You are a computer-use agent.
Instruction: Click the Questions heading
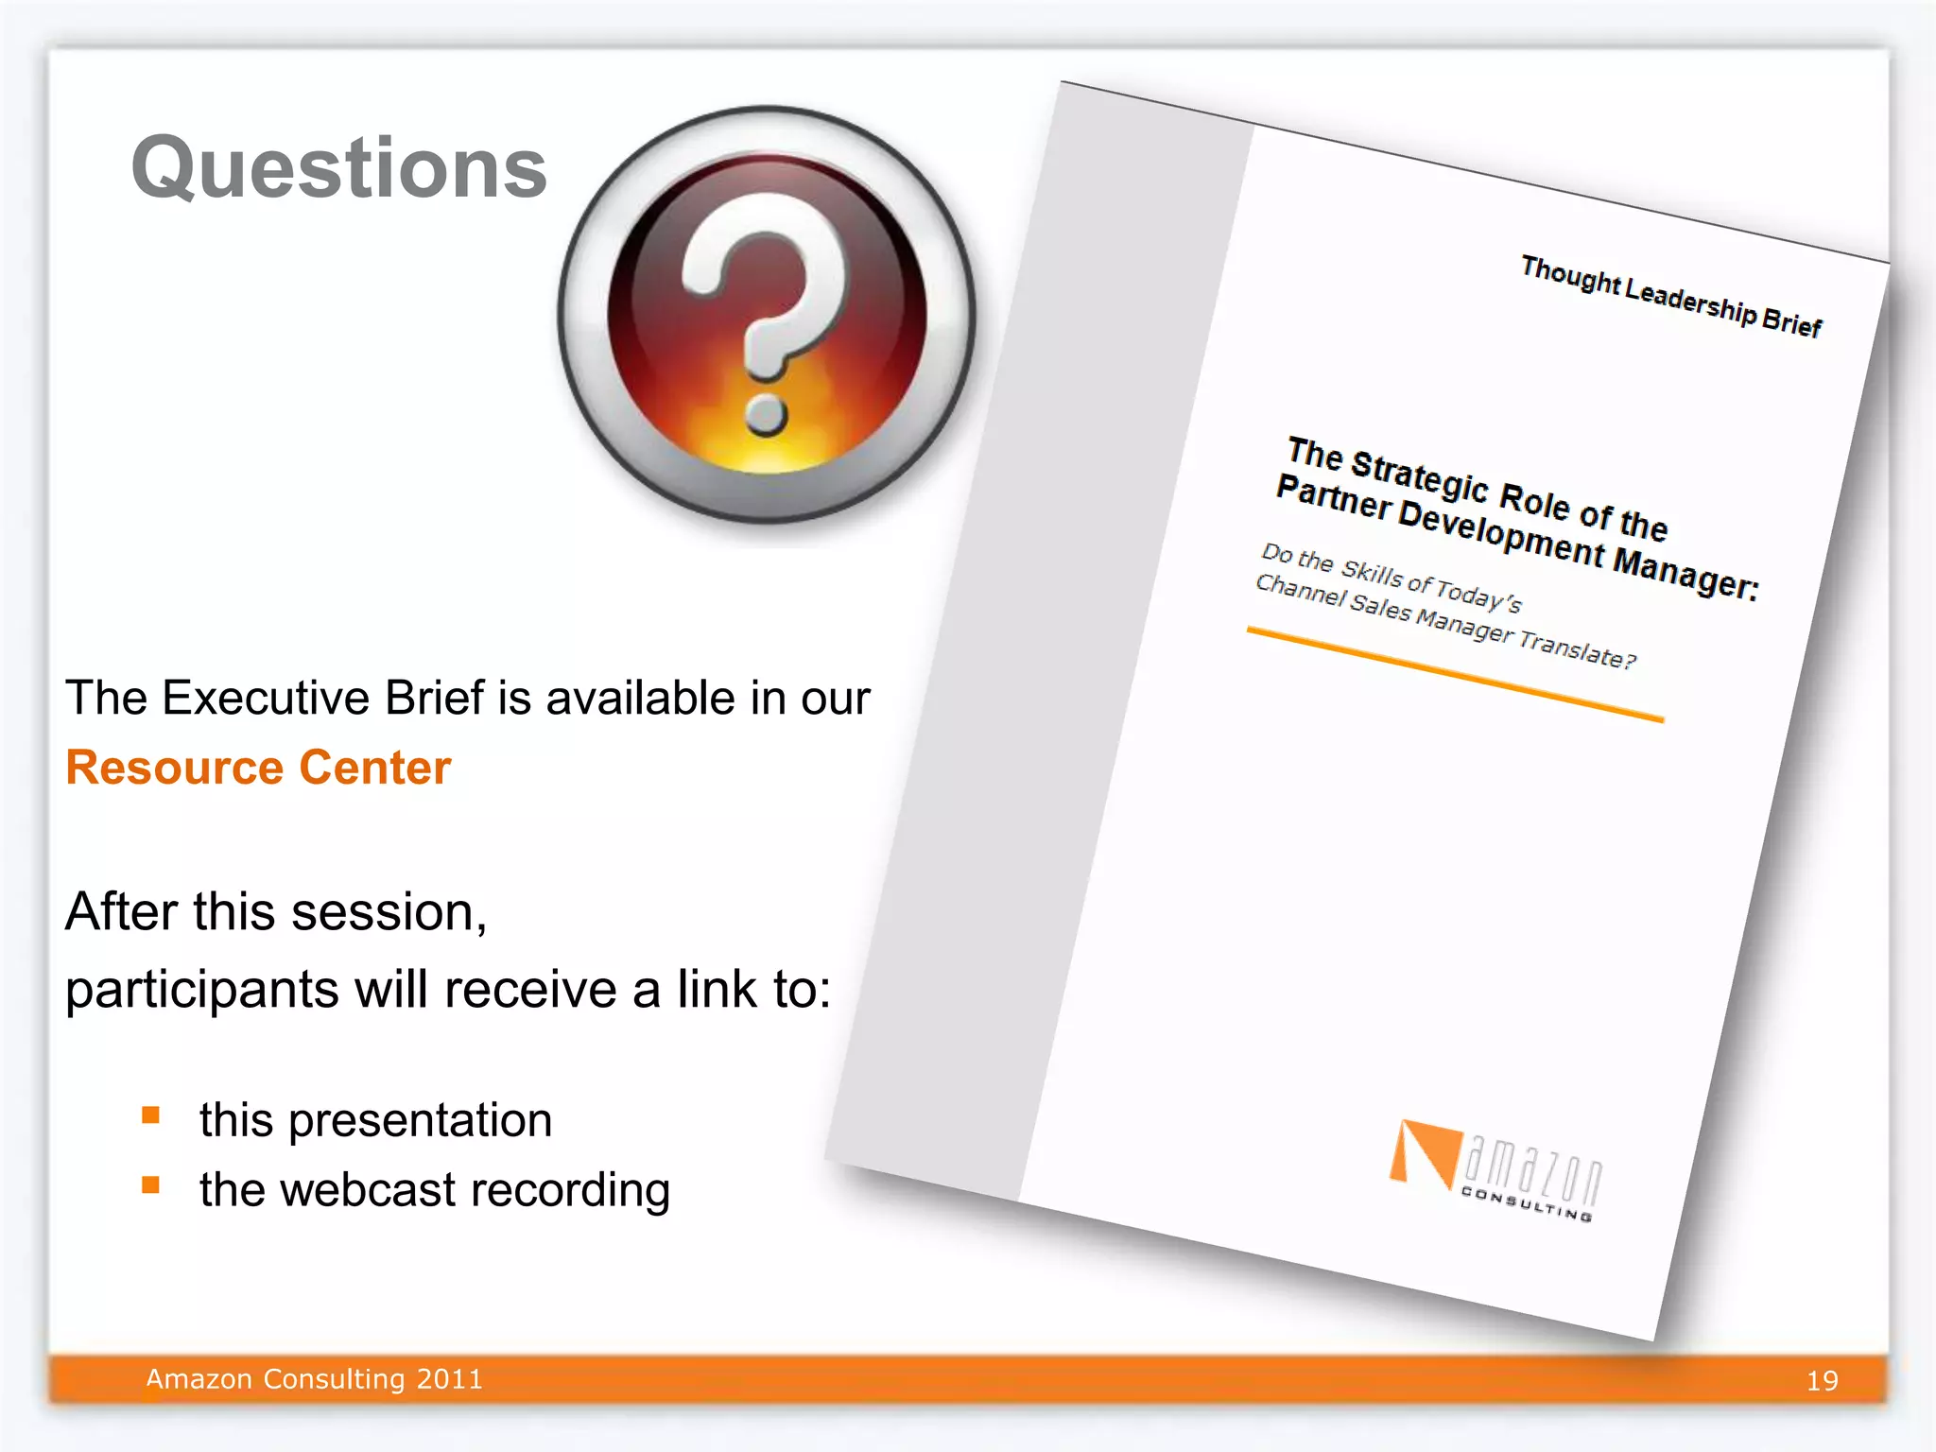tap(339, 168)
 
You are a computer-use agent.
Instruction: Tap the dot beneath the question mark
tap(765, 413)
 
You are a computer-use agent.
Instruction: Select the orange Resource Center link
tap(258, 768)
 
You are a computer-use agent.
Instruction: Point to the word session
tap(389, 912)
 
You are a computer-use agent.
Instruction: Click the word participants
tap(201, 991)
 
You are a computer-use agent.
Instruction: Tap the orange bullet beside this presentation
tap(151, 1115)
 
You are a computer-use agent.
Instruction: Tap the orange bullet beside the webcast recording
tap(151, 1184)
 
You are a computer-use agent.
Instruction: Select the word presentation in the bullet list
tap(420, 1121)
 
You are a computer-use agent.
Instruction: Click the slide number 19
tap(1822, 1381)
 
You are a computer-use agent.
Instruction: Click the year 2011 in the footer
tap(450, 1379)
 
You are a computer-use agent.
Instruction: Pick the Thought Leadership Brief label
tap(1670, 296)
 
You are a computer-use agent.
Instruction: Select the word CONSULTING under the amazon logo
tap(1526, 1204)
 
